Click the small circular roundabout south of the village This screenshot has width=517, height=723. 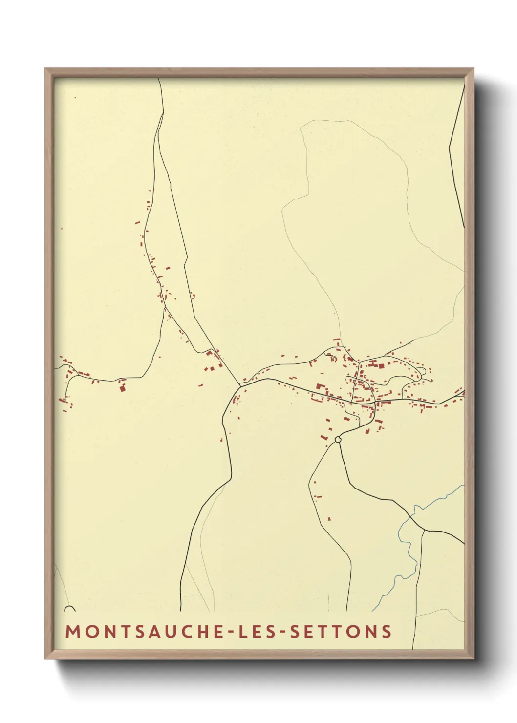coord(338,440)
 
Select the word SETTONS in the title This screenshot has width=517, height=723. coord(341,632)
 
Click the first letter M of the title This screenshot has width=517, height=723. coord(72,632)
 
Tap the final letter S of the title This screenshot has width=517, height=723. coord(387,632)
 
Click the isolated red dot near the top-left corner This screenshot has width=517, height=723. coord(75,98)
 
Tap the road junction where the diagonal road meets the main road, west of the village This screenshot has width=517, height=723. coord(240,385)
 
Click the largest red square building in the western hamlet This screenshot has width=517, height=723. coord(122,389)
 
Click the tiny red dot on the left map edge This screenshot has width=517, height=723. coord(62,228)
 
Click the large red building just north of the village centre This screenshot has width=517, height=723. coord(381,365)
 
